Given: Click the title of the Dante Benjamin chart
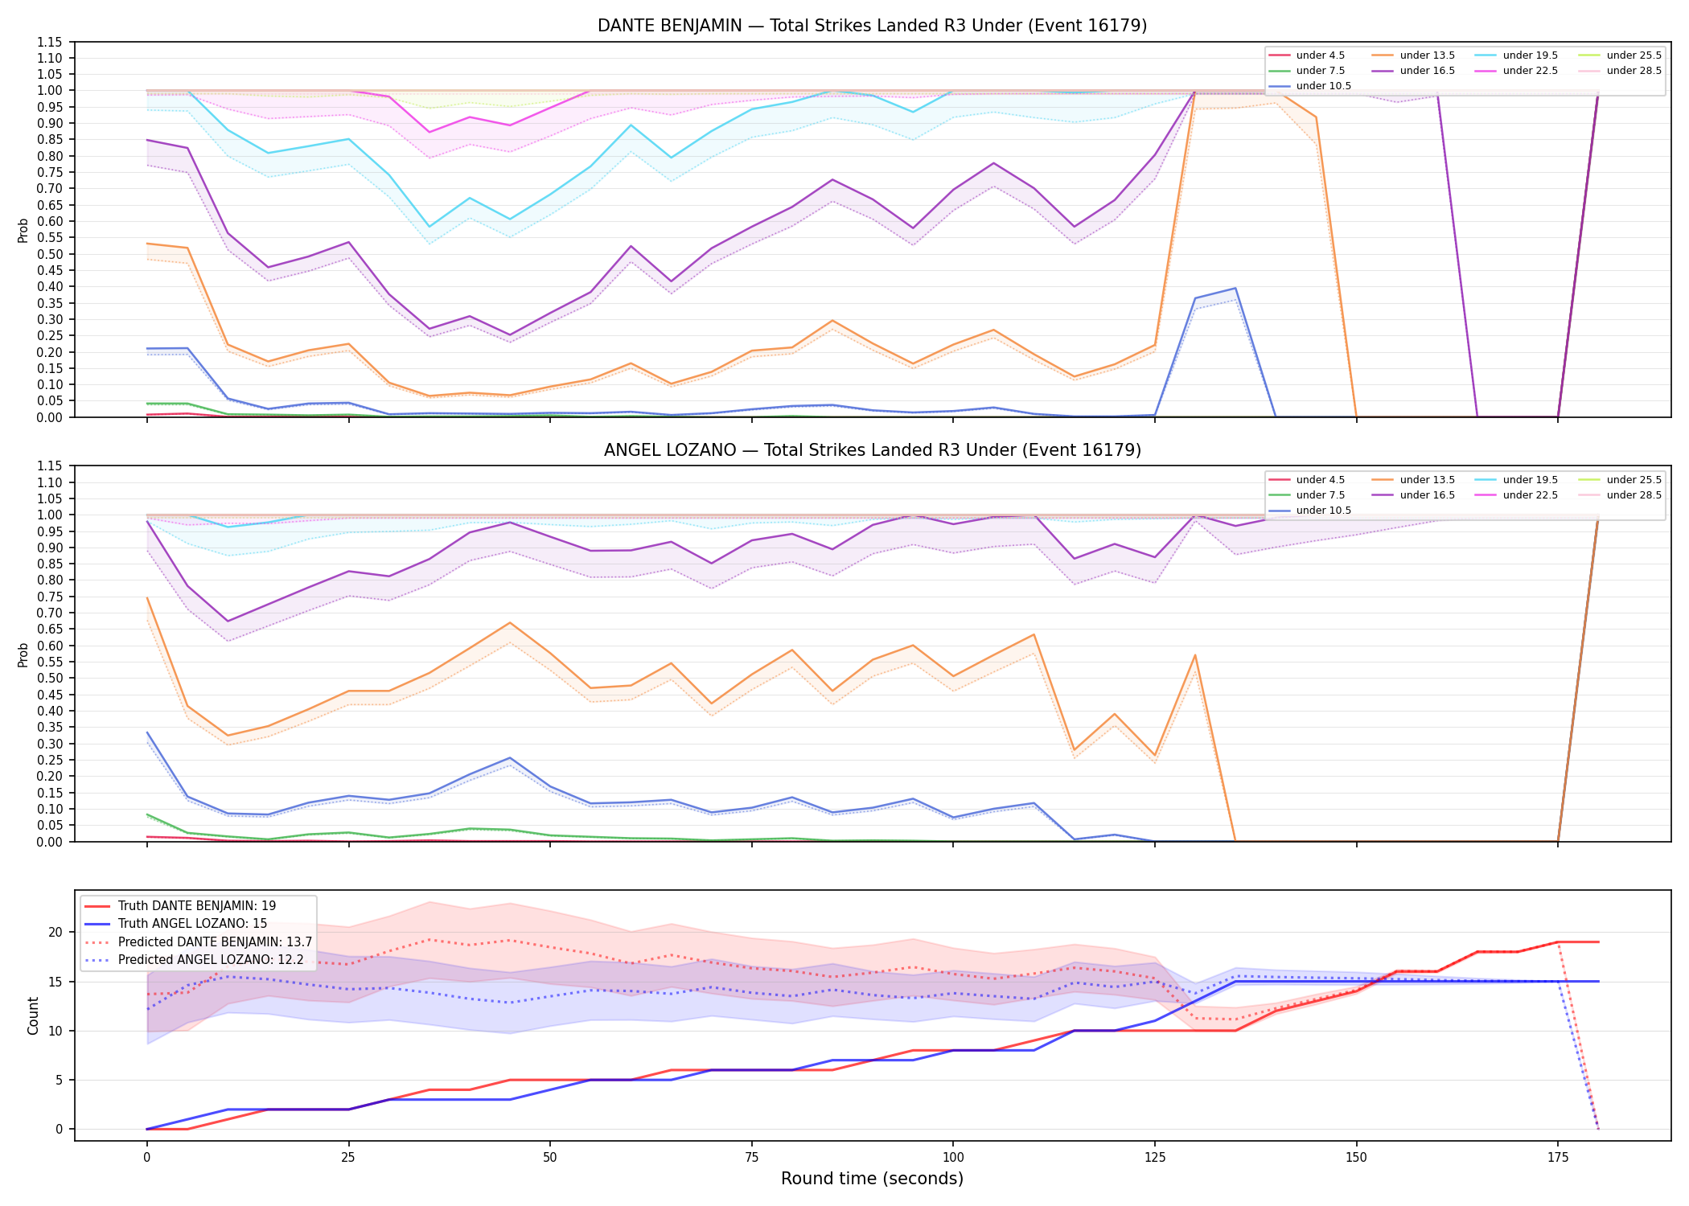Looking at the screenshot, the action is click(872, 26).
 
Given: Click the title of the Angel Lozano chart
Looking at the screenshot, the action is click(872, 450).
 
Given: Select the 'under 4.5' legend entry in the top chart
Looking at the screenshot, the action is click(1306, 55).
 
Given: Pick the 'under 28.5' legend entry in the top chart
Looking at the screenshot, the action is click(1620, 71).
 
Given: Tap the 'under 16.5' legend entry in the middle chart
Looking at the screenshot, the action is click(1413, 495).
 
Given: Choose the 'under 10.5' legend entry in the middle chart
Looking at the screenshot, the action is click(1309, 511).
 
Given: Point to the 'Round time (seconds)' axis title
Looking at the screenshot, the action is click(872, 1179).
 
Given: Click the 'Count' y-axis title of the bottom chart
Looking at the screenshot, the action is click(33, 1015).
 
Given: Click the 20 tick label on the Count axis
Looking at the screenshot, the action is click(55, 933).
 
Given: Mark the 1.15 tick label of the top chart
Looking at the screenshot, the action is click(49, 42).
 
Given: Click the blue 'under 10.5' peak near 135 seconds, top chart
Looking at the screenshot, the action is click(1235, 288).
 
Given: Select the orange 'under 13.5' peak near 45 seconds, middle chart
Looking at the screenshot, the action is click(509, 622).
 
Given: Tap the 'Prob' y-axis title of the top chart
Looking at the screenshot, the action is click(23, 230).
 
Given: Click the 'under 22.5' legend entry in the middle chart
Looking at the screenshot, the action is click(1516, 495).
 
